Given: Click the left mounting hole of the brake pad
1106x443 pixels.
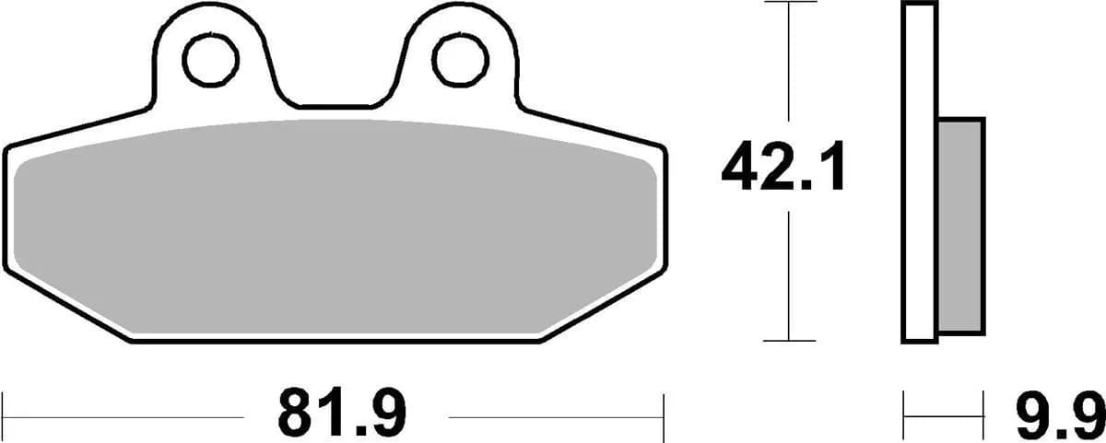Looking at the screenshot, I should pyautogui.click(x=211, y=60).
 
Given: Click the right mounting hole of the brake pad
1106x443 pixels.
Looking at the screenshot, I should pyautogui.click(x=457, y=60).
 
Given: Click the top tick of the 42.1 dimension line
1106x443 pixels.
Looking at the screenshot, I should pyautogui.click(x=790, y=3).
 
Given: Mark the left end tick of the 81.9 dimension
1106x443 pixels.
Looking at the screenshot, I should pyautogui.click(x=5, y=417).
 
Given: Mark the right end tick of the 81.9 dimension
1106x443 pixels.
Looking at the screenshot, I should pyautogui.click(x=664, y=417).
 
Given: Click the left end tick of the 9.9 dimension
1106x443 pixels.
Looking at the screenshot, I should pyautogui.click(x=905, y=417).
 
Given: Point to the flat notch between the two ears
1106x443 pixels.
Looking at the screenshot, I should pyautogui.click(x=335, y=104).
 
